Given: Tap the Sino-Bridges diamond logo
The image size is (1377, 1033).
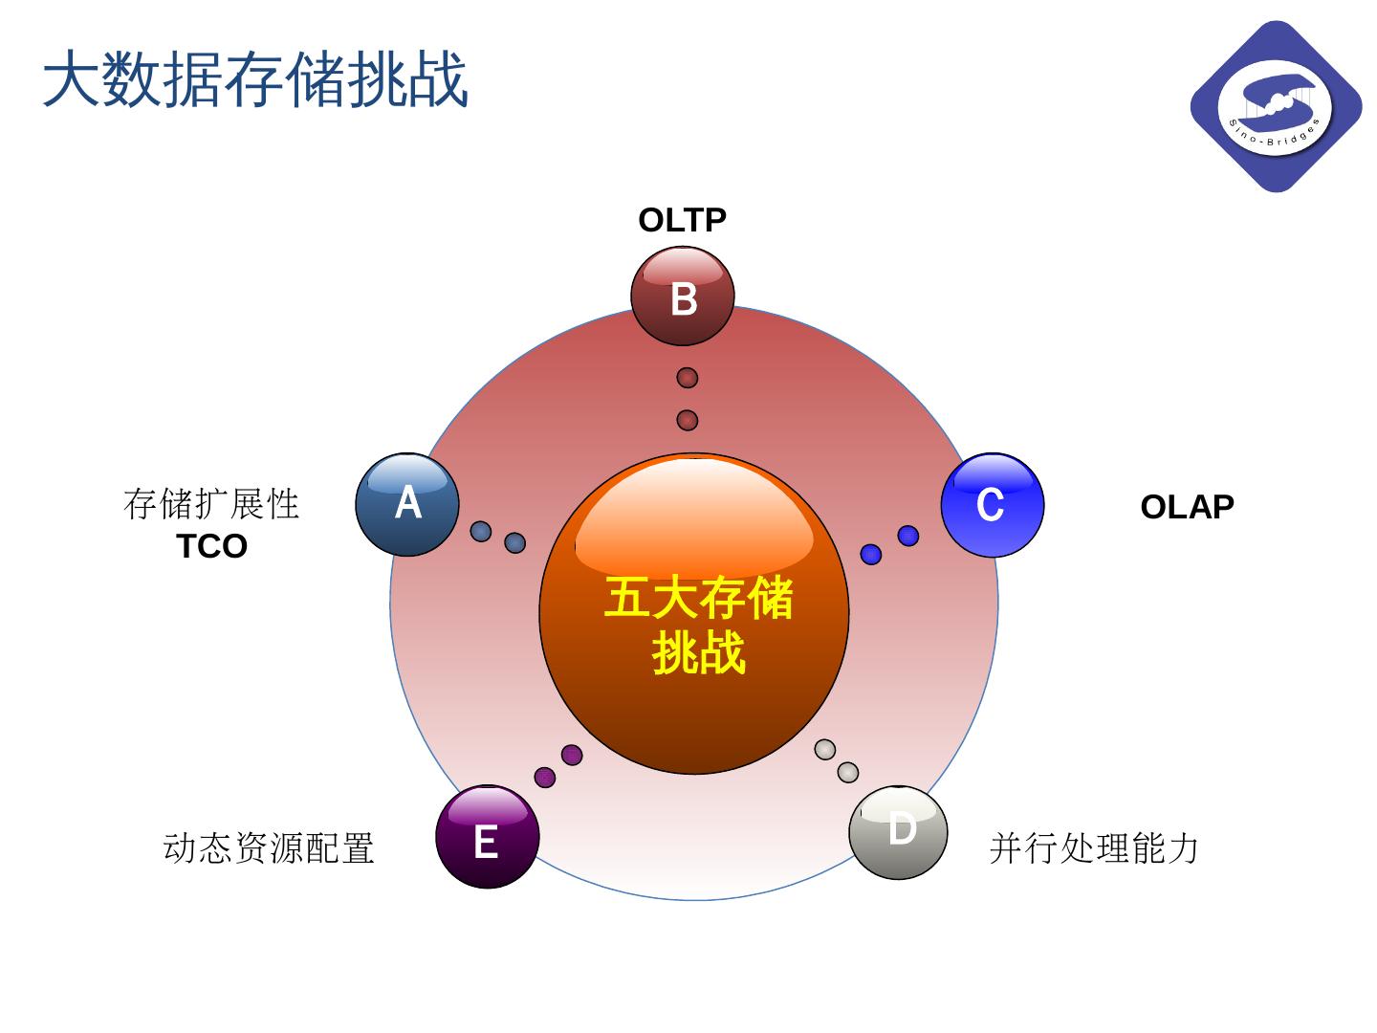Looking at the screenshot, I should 1276,106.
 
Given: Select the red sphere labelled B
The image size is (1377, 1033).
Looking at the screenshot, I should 683,297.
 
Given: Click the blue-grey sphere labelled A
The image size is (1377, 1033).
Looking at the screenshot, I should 407,504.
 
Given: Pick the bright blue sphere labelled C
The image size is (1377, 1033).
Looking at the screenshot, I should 992,505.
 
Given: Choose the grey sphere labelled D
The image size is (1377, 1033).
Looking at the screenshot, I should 899,832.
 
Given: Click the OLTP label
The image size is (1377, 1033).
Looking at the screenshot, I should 682,221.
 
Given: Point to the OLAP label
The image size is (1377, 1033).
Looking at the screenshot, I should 1187,507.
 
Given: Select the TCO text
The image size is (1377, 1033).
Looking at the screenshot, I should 212,547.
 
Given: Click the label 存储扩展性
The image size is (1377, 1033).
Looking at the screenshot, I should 211,504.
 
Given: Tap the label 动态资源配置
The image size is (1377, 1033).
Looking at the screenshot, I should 269,848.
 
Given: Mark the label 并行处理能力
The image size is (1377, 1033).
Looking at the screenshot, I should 1094,848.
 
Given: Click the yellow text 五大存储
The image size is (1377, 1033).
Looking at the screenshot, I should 698,600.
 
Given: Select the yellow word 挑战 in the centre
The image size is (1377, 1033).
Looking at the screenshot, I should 698,655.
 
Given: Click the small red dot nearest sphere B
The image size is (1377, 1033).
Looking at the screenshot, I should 687,378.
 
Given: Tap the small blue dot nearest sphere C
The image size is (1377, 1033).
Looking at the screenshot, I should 908,536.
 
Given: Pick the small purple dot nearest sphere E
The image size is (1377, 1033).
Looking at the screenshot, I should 545,777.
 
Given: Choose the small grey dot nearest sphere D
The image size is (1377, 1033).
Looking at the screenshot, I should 848,772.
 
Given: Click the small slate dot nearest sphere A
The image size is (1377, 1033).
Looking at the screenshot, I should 481,531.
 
